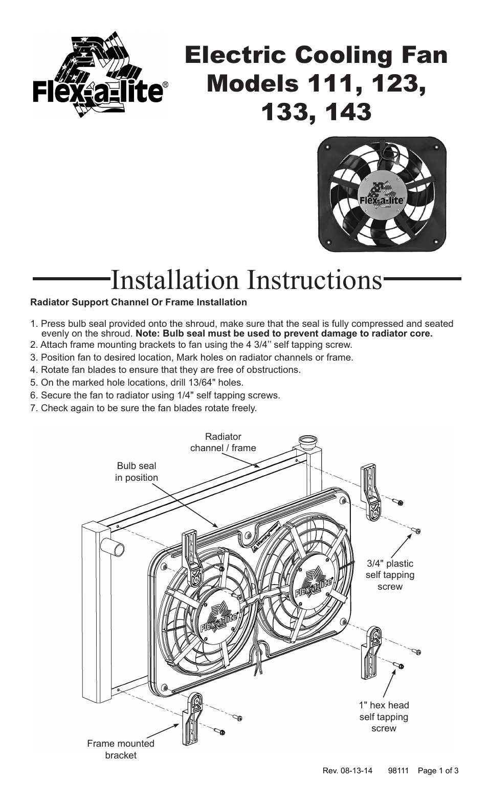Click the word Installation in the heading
coord(177,280)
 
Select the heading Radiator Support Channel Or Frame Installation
coord(138,302)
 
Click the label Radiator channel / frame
coord(223,442)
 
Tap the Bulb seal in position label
coord(136,472)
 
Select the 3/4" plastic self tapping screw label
coord(390,575)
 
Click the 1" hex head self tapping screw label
coord(384,717)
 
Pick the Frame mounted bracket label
coord(120,749)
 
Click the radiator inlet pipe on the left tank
coord(115,549)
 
